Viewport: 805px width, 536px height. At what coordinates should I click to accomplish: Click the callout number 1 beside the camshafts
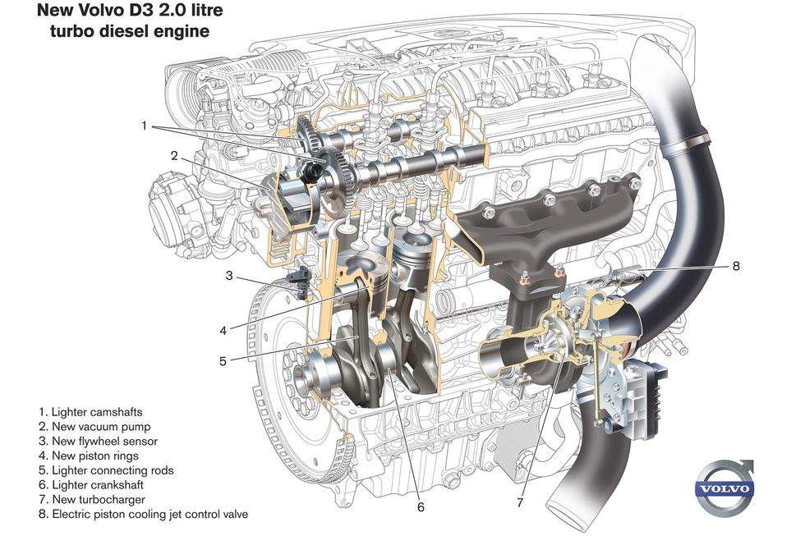point(144,126)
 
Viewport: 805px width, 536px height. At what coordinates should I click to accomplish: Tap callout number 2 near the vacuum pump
point(174,155)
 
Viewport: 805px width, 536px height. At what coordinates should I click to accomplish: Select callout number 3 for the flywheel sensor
point(229,275)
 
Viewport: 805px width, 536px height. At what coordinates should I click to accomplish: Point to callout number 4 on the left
point(223,331)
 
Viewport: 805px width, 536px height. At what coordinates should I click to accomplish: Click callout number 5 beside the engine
point(222,360)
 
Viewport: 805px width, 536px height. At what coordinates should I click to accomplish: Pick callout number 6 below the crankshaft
point(421,506)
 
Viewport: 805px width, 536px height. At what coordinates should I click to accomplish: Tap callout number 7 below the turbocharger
point(519,502)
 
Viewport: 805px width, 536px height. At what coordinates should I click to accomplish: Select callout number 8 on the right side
point(736,266)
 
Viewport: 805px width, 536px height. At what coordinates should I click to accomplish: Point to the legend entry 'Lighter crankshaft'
point(97,484)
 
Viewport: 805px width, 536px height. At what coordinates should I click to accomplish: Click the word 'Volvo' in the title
point(96,12)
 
